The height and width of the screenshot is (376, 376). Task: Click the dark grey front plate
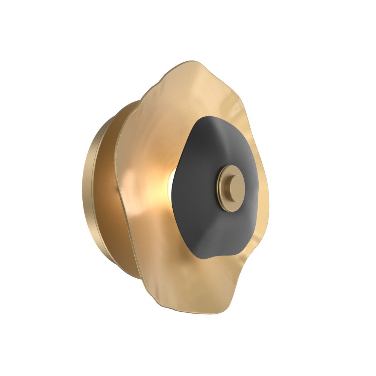click(203, 218)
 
